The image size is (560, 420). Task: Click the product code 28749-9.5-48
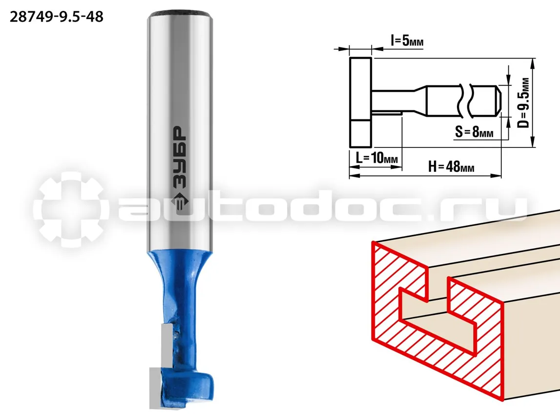tap(57, 17)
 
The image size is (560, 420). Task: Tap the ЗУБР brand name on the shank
tap(180, 157)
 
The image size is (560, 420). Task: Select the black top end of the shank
tap(180, 15)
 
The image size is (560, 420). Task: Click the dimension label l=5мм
tap(407, 41)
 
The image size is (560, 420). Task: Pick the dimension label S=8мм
tap(474, 132)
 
